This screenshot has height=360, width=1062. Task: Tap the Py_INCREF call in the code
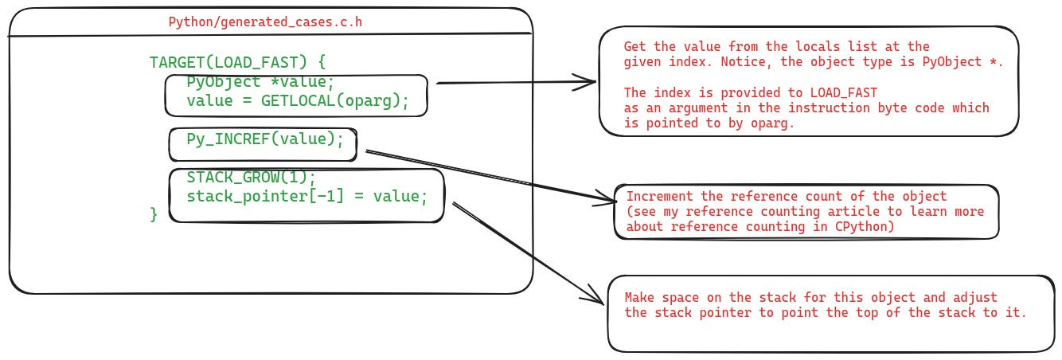point(226,139)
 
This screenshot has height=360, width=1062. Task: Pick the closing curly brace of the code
point(154,214)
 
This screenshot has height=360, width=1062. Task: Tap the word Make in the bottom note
point(638,298)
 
